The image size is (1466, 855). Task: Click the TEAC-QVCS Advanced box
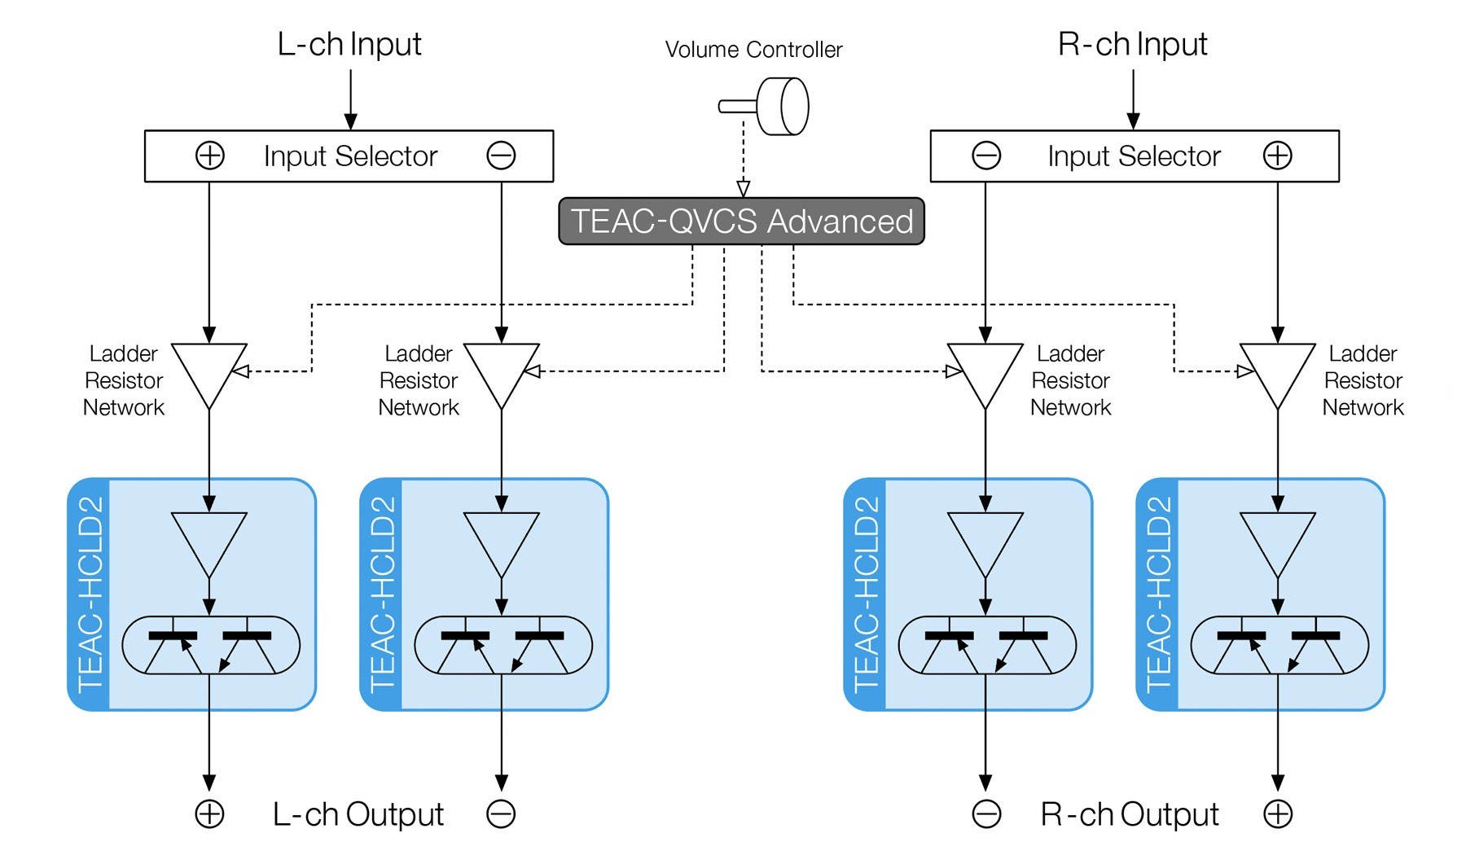click(x=741, y=221)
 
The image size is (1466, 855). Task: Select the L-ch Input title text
click(x=349, y=44)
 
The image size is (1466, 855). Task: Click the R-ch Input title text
click(x=1132, y=44)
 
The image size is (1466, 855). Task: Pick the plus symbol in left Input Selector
click(x=210, y=156)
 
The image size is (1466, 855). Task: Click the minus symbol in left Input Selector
click(x=501, y=156)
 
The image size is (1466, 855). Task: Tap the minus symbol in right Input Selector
click(x=986, y=156)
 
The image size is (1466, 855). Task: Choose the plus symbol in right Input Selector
click(x=1277, y=156)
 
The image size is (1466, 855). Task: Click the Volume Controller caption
click(x=753, y=50)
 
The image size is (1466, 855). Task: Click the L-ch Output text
click(x=358, y=814)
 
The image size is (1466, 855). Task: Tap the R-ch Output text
click(x=1130, y=814)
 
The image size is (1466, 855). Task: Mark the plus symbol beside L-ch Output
click(x=210, y=814)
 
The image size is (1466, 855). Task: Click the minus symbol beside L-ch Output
click(x=501, y=814)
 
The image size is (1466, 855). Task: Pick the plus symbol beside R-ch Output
click(x=1278, y=814)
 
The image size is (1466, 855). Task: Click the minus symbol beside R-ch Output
click(x=986, y=814)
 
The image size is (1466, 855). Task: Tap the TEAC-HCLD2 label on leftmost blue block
click(x=90, y=594)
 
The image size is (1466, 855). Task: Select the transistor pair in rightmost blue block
click(x=1279, y=645)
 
